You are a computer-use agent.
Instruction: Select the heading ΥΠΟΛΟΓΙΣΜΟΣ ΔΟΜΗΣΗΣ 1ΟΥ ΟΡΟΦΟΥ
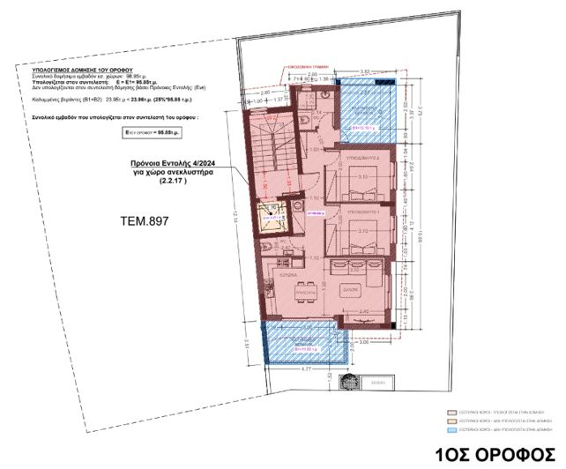[x=77, y=67]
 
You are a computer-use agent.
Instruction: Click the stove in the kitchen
[x=340, y=264]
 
